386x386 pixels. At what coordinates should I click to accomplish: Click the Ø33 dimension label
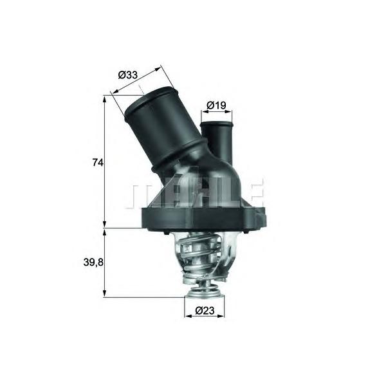point(127,75)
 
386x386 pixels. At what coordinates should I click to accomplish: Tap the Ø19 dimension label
point(216,106)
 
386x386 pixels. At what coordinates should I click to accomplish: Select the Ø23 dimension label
point(205,311)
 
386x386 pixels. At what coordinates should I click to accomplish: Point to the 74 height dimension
point(98,163)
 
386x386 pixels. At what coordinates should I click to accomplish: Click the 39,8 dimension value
point(93,262)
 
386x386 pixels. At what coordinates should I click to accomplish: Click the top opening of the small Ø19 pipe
point(216,124)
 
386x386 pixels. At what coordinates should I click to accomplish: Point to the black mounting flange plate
point(203,219)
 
